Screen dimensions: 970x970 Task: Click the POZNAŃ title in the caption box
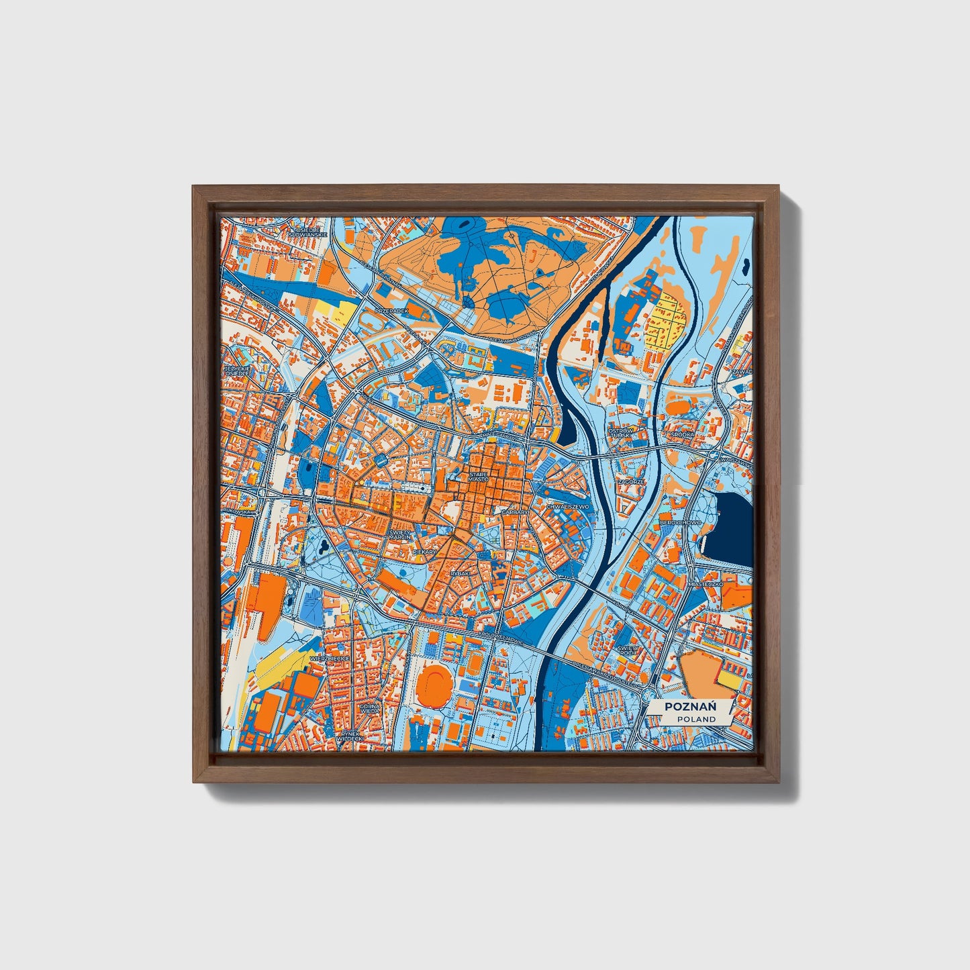coord(689,706)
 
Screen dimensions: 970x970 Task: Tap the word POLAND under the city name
coord(695,719)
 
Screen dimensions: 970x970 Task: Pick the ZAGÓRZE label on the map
coord(632,481)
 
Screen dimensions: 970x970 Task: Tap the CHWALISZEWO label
coord(568,507)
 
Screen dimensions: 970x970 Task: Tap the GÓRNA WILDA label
coord(369,709)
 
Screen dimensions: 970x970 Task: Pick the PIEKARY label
coord(424,551)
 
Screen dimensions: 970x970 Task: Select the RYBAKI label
coord(460,573)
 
